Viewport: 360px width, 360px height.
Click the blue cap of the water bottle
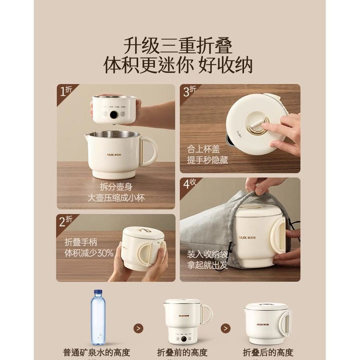coord(98,292)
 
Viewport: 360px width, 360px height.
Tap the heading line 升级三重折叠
coord(178,46)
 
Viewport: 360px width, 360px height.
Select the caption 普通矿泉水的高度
coord(96,352)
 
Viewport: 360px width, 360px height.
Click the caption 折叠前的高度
coord(182,352)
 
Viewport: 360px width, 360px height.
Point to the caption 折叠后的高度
coord(268,352)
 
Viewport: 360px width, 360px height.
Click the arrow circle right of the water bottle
coord(138,328)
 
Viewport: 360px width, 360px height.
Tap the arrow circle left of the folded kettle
coord(225,328)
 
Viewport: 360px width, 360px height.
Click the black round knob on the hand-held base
coord(113,115)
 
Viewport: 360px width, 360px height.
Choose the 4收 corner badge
coord(189,184)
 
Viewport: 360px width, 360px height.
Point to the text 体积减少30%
coord(89,253)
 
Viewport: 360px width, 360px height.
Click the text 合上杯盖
coord(203,149)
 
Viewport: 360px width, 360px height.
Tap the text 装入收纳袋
coord(207,254)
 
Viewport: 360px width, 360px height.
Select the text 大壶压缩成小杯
coord(116,198)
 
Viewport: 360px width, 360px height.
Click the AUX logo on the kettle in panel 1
coord(114,154)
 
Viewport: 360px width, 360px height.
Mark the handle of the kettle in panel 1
coord(149,152)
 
